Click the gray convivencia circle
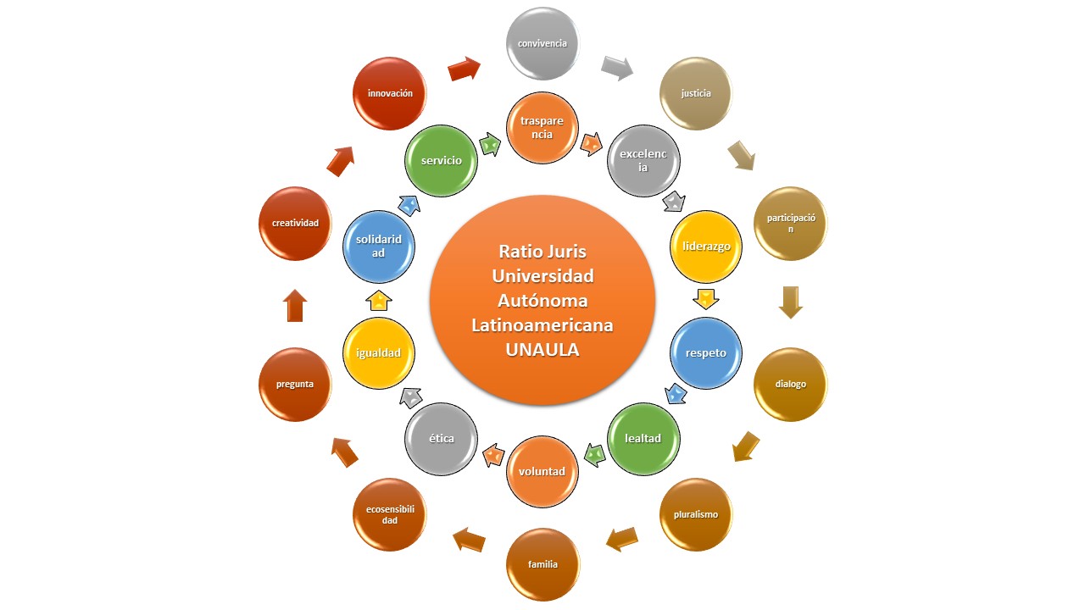point(542,43)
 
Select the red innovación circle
point(390,93)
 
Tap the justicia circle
point(696,93)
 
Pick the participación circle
point(791,224)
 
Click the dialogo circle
point(791,384)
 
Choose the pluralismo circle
point(695,514)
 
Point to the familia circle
point(542,564)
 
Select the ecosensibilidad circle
point(390,514)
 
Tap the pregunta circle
point(295,384)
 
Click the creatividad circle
point(295,224)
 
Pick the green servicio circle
point(442,161)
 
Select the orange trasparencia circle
point(542,128)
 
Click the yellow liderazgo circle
point(707,247)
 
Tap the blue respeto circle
point(707,352)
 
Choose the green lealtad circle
point(643,438)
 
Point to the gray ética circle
point(442,438)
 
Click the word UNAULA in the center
point(542,349)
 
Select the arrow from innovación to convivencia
point(464,69)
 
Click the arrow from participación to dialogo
point(791,302)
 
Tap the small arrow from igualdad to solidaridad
point(379,300)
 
